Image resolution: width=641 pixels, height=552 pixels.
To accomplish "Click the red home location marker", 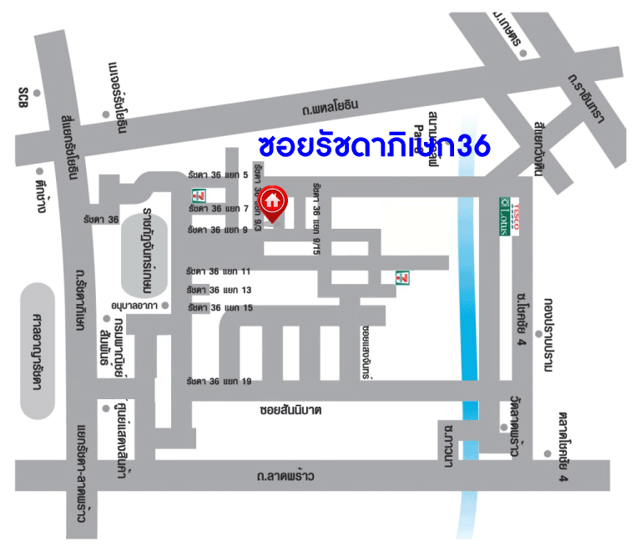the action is [272, 200].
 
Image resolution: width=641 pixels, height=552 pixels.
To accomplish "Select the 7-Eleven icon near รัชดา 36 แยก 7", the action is [199, 195].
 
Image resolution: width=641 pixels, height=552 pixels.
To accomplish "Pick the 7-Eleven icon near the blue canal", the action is [402, 276].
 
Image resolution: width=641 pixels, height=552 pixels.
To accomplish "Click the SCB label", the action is [23, 97].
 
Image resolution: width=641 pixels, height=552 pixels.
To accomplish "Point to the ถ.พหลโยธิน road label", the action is [331, 106].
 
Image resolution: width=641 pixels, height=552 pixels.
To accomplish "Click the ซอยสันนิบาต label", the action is [290, 411].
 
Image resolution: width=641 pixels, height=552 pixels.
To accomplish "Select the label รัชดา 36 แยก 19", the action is [220, 381].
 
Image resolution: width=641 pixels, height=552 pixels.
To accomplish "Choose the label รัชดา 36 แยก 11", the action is [220, 271].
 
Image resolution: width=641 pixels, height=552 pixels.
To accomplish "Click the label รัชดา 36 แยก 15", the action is [220, 308].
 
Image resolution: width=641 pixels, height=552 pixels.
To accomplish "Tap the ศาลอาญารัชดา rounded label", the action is [37, 351].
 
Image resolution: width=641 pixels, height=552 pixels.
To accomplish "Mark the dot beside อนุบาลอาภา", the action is [165, 306].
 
